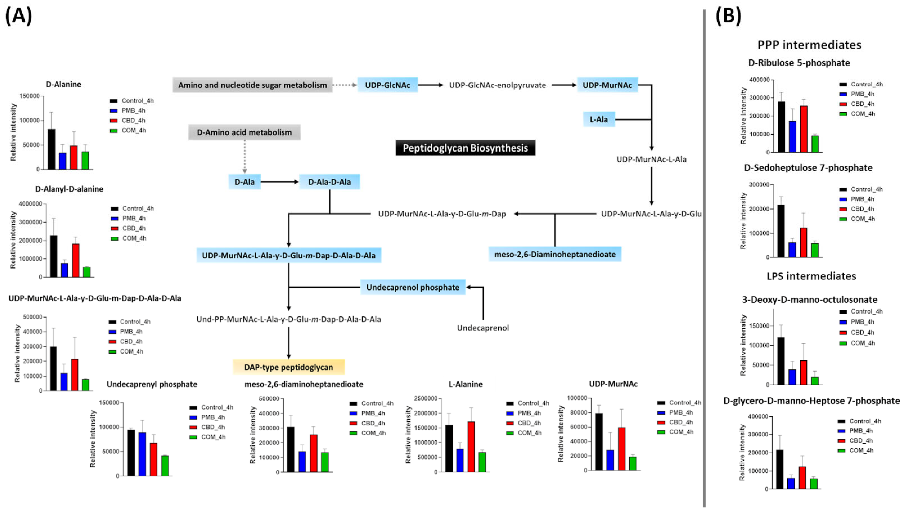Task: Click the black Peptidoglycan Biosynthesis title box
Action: pos(465,148)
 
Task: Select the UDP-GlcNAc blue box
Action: pos(387,85)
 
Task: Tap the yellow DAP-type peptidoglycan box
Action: pos(288,367)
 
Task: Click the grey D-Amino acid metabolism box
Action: pos(244,132)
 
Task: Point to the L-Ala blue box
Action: pos(599,119)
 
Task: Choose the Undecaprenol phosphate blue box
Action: pos(413,287)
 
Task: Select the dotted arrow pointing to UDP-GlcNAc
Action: pos(345,85)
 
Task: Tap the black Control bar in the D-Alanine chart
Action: pos(51,149)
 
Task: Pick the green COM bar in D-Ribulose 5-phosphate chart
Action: pos(815,144)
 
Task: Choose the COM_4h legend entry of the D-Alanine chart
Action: pos(133,130)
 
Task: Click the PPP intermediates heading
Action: pos(809,45)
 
